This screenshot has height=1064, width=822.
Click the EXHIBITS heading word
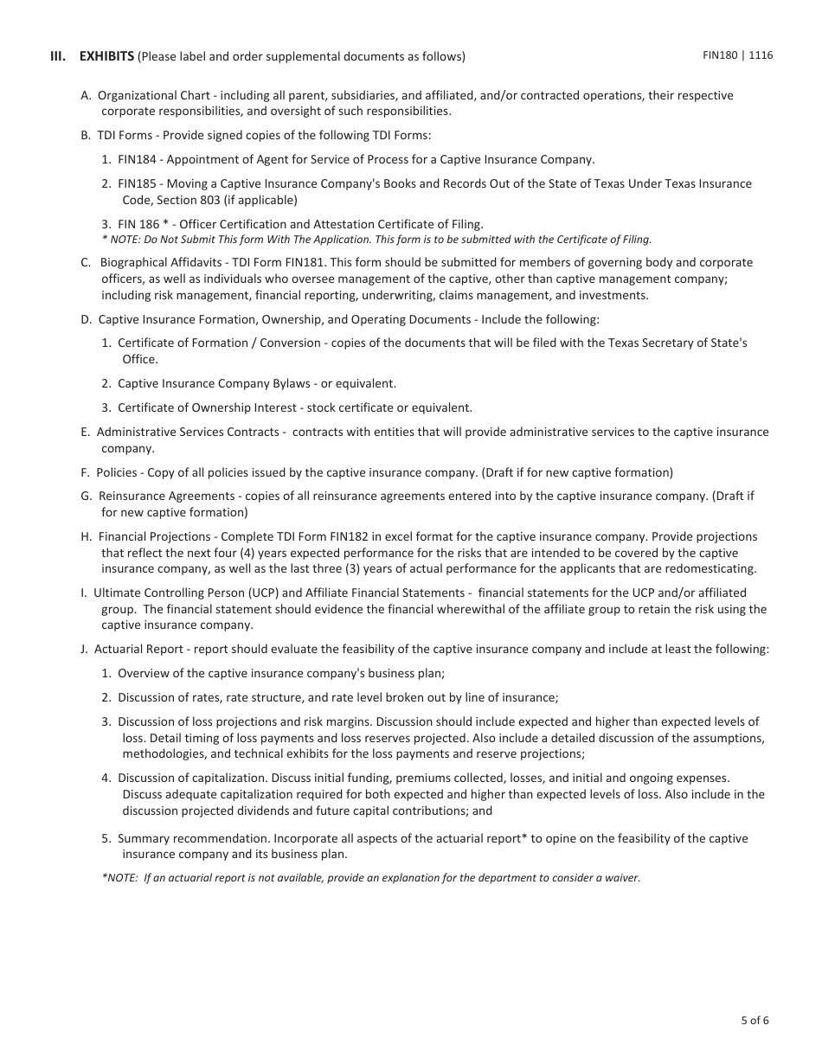106,57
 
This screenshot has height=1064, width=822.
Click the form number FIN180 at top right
721,55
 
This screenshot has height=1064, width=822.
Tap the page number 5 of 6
755,1020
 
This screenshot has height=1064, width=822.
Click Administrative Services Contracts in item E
188,433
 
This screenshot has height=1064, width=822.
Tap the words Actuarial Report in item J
140,650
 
